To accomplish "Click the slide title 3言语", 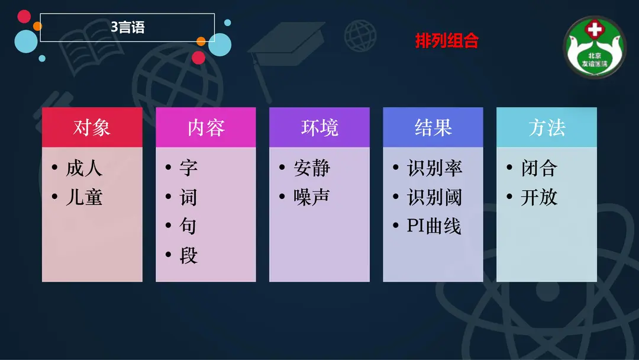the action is (x=128, y=27).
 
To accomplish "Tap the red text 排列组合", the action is (x=447, y=41).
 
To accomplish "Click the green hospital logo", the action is (x=594, y=47).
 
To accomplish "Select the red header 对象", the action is (x=92, y=127).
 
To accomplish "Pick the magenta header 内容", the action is (x=206, y=127).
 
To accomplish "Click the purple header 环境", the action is (x=319, y=127).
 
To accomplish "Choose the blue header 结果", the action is (x=433, y=127).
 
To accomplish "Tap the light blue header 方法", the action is (x=547, y=127).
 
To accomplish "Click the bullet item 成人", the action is (x=84, y=168).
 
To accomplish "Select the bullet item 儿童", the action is (x=84, y=197).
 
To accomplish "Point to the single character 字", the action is (x=188, y=168).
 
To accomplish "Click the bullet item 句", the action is (x=188, y=226).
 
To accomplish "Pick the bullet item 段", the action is (x=188, y=256).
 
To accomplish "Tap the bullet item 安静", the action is (x=312, y=168).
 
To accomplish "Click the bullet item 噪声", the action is (x=312, y=197).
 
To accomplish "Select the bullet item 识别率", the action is (x=434, y=168).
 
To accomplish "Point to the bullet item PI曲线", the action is (x=434, y=226).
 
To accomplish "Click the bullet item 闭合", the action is (x=539, y=168).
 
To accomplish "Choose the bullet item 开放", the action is (x=539, y=197).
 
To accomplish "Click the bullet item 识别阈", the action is (x=434, y=197).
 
